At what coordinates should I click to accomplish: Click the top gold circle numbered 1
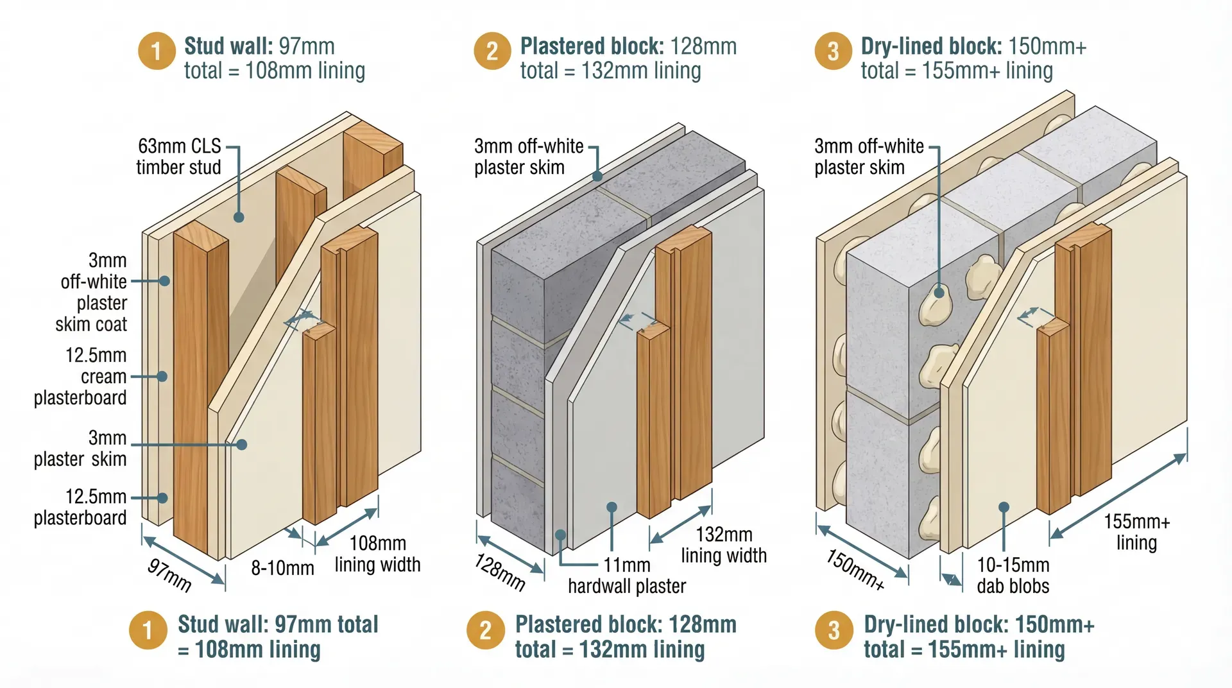[156, 51]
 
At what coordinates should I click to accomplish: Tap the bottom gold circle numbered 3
[833, 630]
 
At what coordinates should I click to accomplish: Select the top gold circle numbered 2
[492, 51]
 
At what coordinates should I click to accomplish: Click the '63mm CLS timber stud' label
[179, 157]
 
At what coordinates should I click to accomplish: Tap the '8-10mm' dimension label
[282, 568]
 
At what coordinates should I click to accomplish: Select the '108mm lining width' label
[377, 554]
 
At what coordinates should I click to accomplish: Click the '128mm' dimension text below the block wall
[500, 572]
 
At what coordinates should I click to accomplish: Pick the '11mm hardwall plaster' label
[627, 576]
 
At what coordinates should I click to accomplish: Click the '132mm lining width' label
[724, 545]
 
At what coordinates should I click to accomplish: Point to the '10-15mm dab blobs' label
[1013, 576]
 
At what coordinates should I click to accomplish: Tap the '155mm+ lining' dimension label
[1136, 532]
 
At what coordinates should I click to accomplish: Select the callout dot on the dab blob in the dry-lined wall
[939, 293]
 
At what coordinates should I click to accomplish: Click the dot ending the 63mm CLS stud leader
[239, 218]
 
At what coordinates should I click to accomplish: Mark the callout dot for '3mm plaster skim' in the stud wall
[242, 444]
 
